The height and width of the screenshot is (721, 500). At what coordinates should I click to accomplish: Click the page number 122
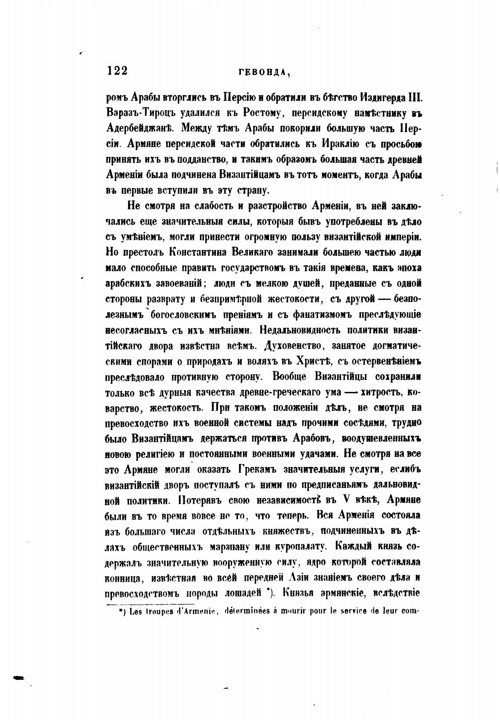point(117,71)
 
